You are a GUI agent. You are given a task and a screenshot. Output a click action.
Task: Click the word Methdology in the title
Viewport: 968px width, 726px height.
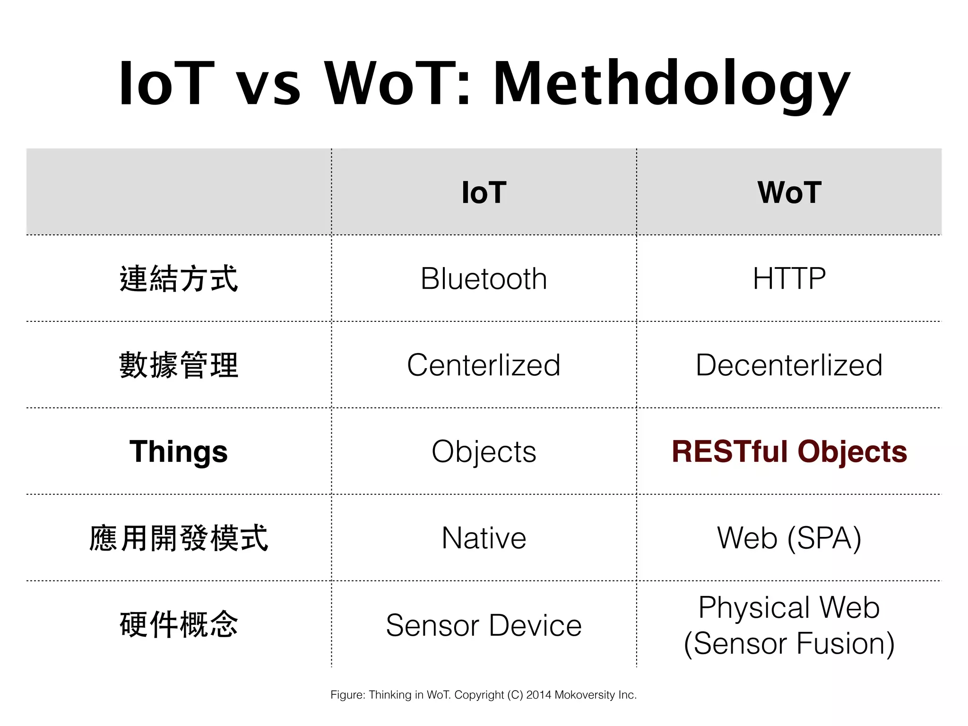[x=671, y=85]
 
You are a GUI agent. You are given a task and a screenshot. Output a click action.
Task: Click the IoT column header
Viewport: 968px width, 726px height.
[x=484, y=193]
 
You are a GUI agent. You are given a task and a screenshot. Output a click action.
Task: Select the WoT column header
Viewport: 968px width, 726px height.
[x=789, y=193]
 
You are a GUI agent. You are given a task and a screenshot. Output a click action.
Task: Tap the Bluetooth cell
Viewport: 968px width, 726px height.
[x=484, y=278]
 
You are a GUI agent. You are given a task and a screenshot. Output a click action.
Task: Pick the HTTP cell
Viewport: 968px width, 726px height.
[x=789, y=278]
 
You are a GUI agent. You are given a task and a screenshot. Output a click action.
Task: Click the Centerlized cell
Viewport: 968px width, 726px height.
[x=484, y=365]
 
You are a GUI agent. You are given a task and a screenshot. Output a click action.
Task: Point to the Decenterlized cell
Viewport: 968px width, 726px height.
[x=789, y=365]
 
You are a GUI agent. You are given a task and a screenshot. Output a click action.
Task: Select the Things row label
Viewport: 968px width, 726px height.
[x=179, y=451]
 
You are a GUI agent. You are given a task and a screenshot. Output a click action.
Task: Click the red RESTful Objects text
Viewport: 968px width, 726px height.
[x=789, y=451]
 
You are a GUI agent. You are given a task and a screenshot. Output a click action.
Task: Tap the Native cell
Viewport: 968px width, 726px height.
[x=484, y=538]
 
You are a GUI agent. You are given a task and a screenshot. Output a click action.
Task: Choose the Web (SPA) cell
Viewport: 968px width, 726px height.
[x=789, y=538]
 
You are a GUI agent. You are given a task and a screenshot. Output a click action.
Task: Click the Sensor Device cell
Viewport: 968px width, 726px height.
[x=484, y=625]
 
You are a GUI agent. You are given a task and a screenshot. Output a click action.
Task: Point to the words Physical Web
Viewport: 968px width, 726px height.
[x=789, y=607]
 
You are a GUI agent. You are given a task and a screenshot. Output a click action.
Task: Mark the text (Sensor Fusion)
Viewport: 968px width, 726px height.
[x=789, y=643]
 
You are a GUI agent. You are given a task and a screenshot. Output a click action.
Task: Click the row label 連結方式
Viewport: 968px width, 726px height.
[x=179, y=278]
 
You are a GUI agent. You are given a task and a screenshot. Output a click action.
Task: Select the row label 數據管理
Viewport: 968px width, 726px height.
[x=179, y=365]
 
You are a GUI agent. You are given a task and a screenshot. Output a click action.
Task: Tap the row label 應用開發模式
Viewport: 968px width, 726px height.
[x=179, y=538]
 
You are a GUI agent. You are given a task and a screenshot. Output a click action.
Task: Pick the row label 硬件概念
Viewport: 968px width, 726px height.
[x=179, y=625]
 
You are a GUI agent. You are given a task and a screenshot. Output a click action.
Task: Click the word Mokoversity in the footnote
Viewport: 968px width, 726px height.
[x=585, y=695]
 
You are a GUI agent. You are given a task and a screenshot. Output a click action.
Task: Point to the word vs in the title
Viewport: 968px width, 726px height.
[x=268, y=85]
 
